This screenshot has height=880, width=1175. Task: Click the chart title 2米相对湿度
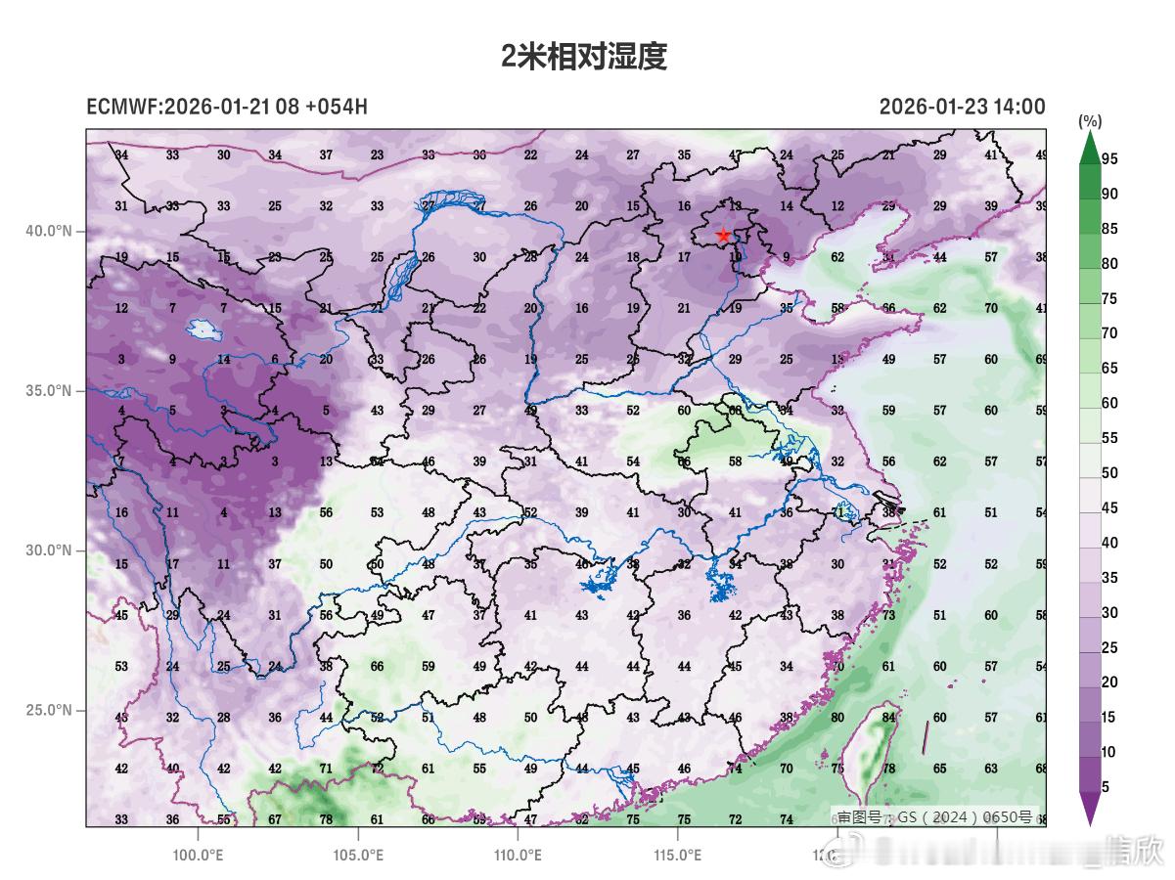584,57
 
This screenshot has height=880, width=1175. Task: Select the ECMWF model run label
227,107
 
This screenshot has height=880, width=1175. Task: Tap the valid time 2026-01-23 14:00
962,107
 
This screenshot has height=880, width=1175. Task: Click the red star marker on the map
723,236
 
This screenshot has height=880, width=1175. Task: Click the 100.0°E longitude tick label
199,855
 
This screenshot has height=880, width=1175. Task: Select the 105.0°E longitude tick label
358,855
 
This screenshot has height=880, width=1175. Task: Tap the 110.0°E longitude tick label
518,855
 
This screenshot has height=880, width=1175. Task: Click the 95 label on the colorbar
1109,159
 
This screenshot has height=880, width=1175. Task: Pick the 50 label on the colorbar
1109,473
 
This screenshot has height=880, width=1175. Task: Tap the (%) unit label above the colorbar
1090,121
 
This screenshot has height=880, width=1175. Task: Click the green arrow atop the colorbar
1090,147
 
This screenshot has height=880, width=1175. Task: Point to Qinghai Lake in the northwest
203,330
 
